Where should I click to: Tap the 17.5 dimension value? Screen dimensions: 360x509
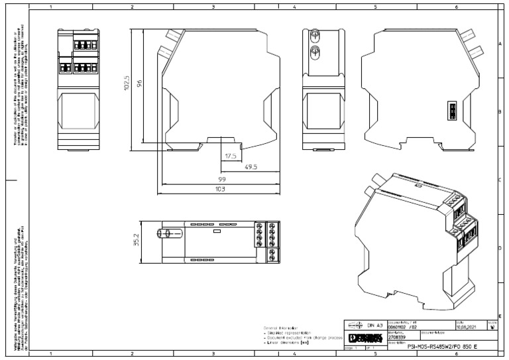click(x=231, y=156)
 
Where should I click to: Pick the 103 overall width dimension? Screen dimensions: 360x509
click(x=219, y=189)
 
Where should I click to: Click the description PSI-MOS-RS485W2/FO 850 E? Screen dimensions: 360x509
click(x=431, y=347)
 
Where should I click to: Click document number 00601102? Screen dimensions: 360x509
click(x=399, y=327)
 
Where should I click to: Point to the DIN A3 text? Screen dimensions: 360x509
click(x=374, y=326)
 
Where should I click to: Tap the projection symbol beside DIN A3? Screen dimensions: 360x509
click(x=355, y=326)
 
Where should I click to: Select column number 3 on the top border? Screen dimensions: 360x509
click(x=213, y=6)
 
